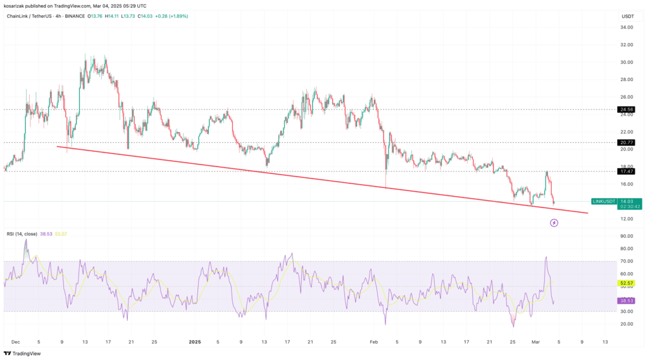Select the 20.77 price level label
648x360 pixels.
point(626,142)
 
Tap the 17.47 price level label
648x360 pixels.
point(626,171)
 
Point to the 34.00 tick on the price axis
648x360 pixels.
point(626,27)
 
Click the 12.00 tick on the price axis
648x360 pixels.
point(626,219)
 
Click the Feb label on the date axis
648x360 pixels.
point(373,341)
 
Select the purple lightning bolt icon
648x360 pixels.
point(554,223)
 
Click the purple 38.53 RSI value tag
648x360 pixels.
point(626,301)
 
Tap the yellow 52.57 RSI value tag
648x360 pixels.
point(626,283)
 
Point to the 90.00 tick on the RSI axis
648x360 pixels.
point(626,236)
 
